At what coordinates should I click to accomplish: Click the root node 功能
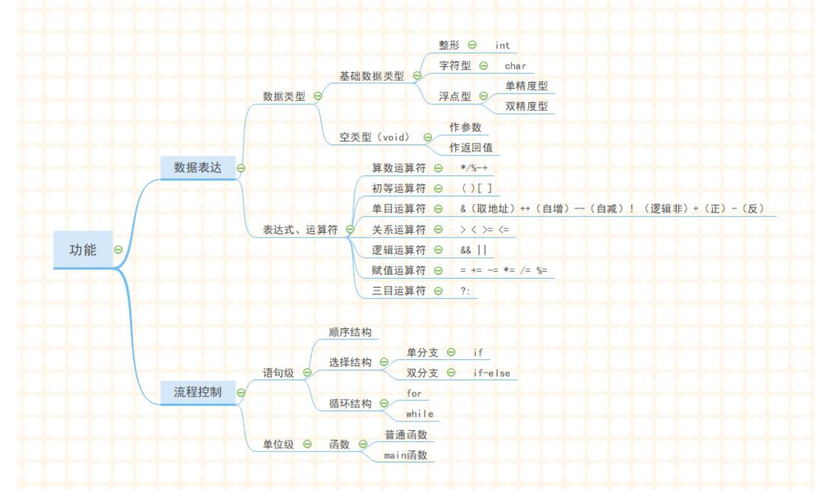83,250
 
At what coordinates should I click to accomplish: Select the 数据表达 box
198,168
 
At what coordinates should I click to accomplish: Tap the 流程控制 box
198,392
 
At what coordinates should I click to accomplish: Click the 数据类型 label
284,96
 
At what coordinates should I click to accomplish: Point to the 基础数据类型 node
372,76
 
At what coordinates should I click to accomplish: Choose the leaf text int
502,45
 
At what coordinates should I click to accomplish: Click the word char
515,66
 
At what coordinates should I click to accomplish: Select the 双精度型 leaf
527,106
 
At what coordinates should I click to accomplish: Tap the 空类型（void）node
375,137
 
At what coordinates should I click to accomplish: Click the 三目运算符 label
399,291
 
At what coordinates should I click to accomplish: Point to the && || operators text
473,250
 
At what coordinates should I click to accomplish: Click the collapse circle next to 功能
119,249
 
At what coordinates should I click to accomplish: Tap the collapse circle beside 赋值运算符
438,271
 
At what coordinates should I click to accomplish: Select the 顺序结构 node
350,332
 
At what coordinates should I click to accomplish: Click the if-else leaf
492,373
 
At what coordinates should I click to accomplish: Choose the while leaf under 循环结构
419,414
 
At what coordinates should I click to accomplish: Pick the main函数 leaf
405,455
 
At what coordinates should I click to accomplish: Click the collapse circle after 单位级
307,444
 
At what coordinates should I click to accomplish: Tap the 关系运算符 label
399,230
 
